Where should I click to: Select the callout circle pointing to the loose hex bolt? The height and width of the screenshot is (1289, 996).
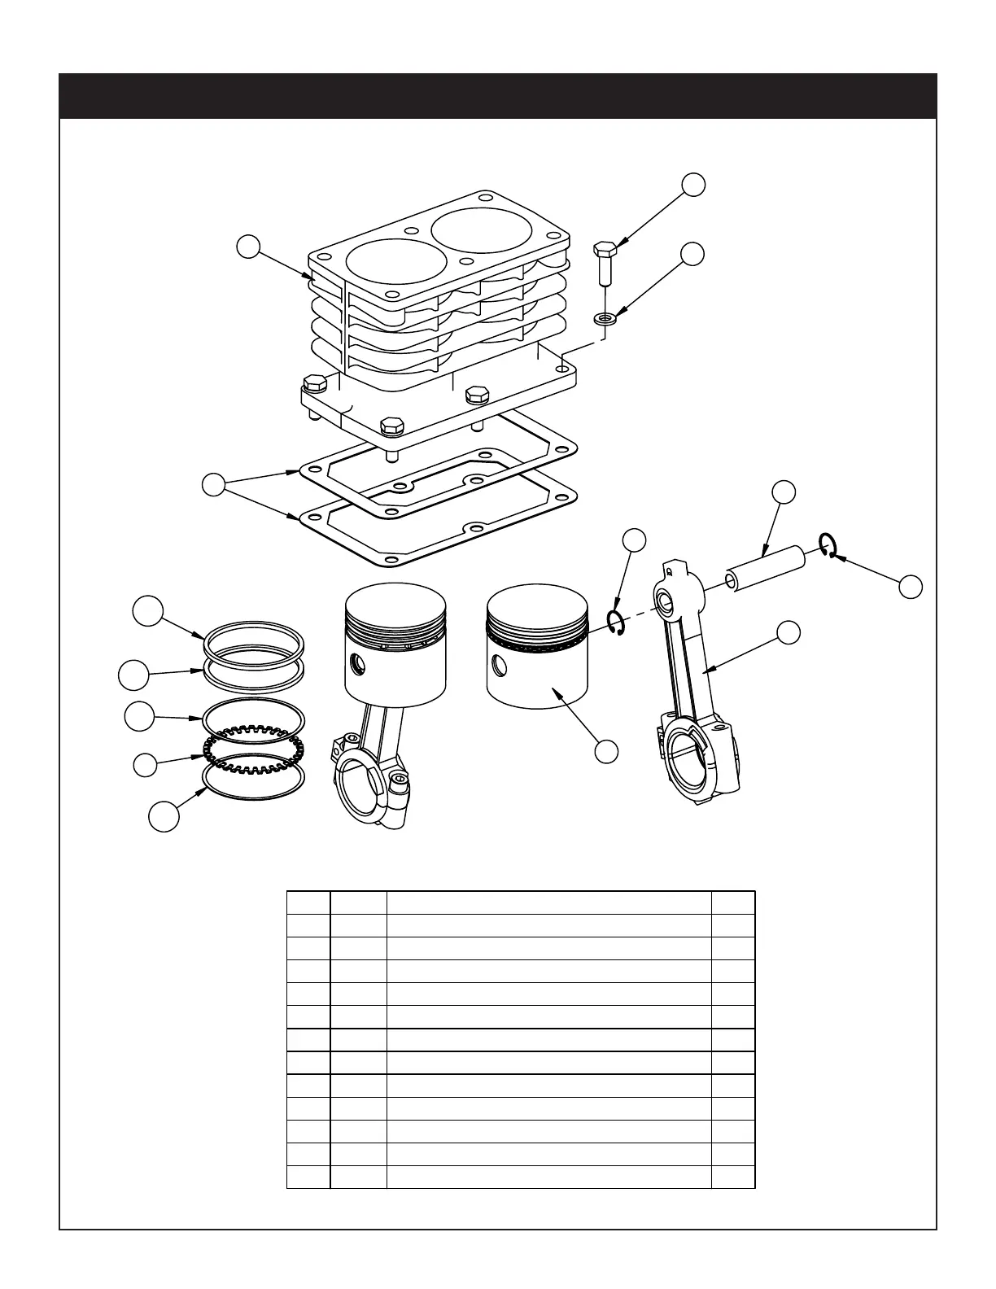692,184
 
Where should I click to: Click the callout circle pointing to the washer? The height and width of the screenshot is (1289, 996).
692,253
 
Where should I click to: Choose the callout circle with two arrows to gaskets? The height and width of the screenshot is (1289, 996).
213,485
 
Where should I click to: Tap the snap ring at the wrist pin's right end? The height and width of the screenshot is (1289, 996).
828,546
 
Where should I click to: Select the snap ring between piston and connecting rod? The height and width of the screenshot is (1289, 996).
617,623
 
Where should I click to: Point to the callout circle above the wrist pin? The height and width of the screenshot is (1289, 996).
784,492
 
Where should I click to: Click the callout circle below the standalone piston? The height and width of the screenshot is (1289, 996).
606,751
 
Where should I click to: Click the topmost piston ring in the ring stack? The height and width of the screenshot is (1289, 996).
254,639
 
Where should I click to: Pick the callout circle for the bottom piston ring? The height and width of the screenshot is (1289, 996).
164,817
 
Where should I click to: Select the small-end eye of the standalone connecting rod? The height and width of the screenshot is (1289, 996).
668,603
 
